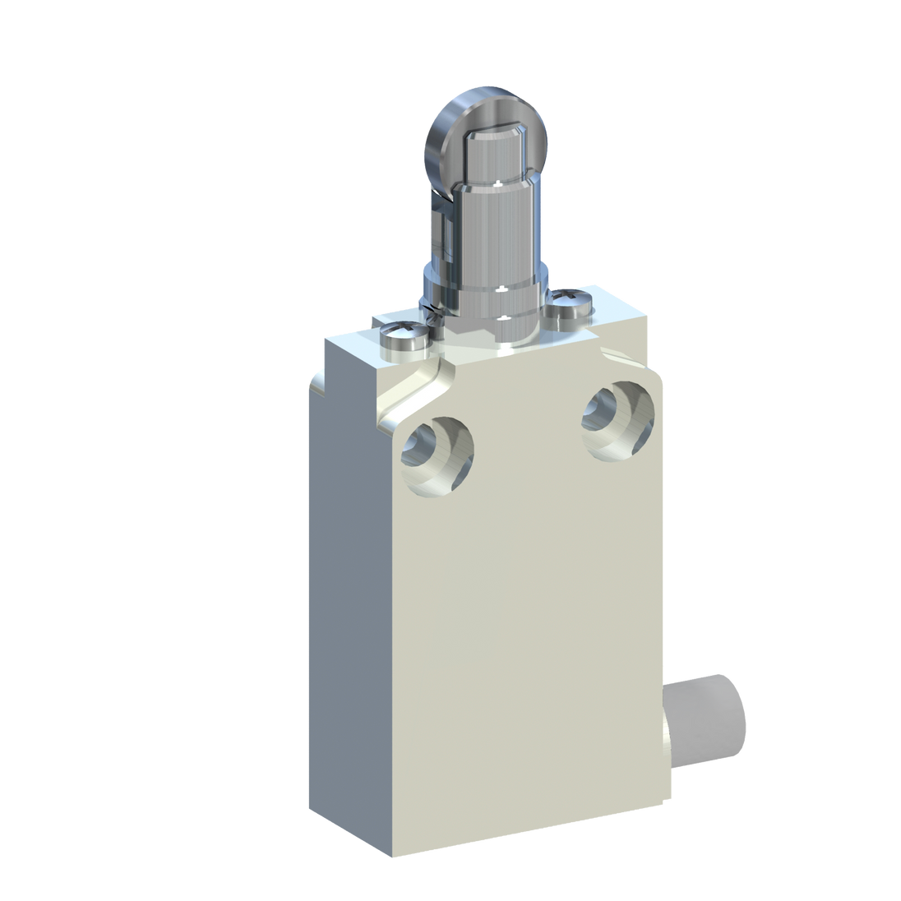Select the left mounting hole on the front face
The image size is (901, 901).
(436, 456)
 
